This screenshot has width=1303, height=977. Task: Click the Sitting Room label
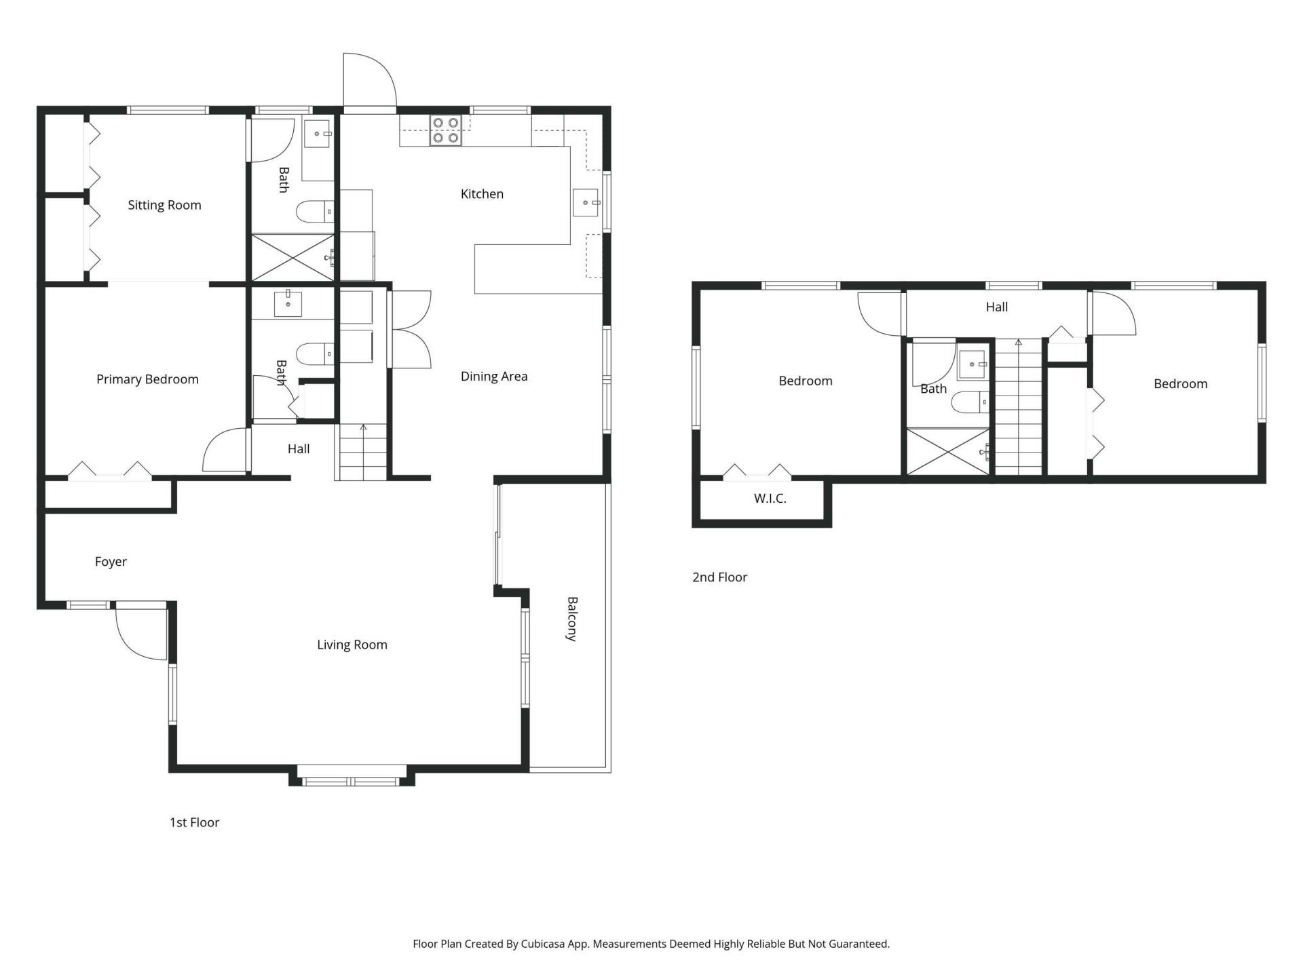(x=164, y=205)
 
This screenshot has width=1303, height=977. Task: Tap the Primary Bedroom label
(x=147, y=379)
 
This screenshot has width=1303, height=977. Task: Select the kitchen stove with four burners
(x=445, y=130)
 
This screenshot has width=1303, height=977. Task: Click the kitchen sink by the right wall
(x=585, y=202)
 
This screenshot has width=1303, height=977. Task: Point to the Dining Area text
(x=493, y=377)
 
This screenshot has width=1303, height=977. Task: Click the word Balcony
(x=572, y=619)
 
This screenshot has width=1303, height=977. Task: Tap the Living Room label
(x=352, y=645)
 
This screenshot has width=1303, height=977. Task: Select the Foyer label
(x=111, y=562)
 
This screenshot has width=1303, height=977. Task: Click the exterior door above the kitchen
(x=369, y=81)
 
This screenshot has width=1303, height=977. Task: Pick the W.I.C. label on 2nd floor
(x=770, y=499)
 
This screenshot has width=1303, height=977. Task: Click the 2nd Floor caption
(x=719, y=577)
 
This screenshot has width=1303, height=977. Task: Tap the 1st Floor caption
(x=194, y=822)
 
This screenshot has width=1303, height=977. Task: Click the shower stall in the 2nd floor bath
(x=948, y=451)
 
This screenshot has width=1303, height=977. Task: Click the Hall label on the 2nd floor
(x=996, y=307)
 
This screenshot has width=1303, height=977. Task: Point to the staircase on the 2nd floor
(x=1018, y=407)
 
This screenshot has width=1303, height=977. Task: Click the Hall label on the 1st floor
(x=298, y=449)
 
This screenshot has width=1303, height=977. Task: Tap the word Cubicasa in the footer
(x=545, y=944)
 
